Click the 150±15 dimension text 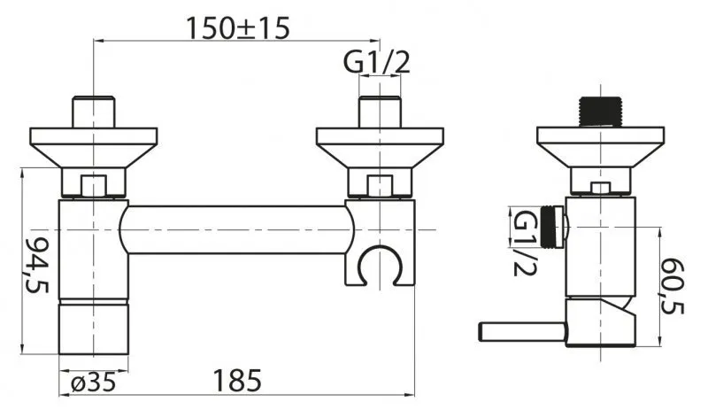[x=237, y=28]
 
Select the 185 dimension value [x=237, y=381]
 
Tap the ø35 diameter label [x=94, y=383]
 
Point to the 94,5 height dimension [x=37, y=265]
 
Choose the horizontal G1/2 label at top [x=377, y=62]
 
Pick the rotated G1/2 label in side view [x=525, y=243]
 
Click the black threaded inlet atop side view [x=601, y=112]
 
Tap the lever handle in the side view [x=522, y=331]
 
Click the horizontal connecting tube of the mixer [x=236, y=229]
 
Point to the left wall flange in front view [x=94, y=148]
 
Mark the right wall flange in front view [x=380, y=148]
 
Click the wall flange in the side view [x=601, y=148]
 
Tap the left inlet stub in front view [x=94, y=112]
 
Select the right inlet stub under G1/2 [x=380, y=112]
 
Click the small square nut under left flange [x=94, y=186]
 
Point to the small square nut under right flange [x=380, y=186]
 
